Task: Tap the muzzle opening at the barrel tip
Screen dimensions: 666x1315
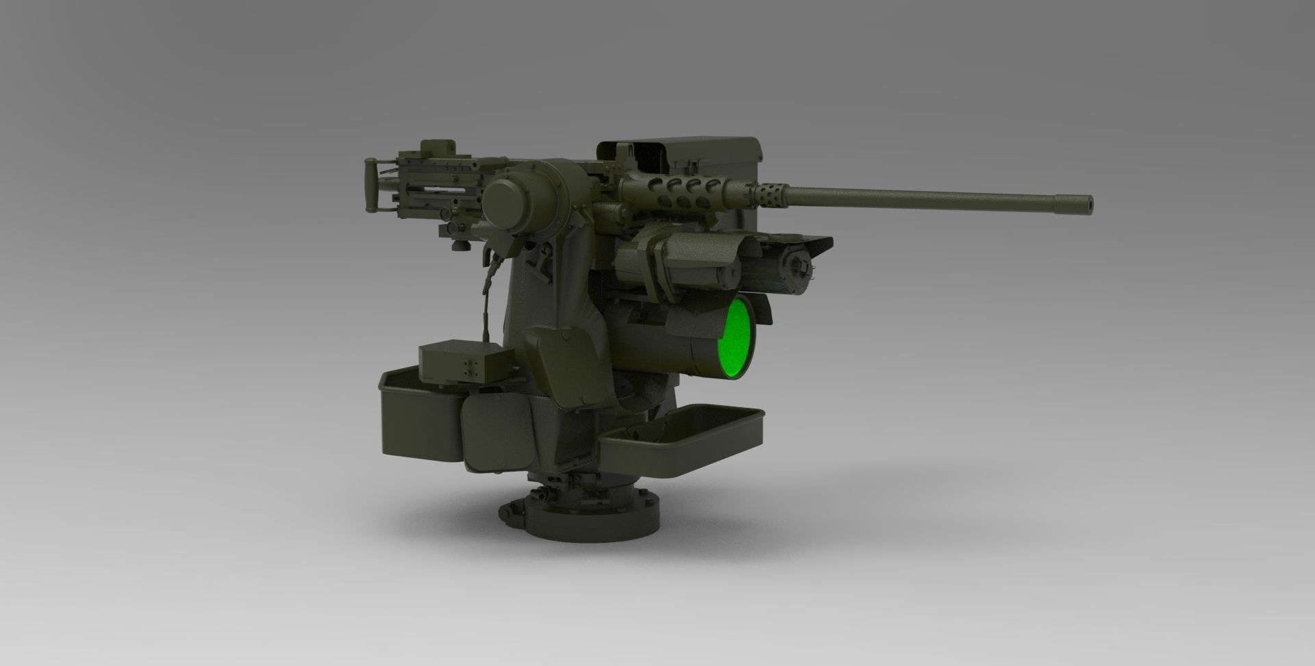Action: (x=1088, y=203)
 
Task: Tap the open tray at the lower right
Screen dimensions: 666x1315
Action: (x=681, y=438)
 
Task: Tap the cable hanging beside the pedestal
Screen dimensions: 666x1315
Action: (x=488, y=294)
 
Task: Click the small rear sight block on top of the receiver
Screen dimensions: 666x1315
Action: (x=438, y=147)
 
